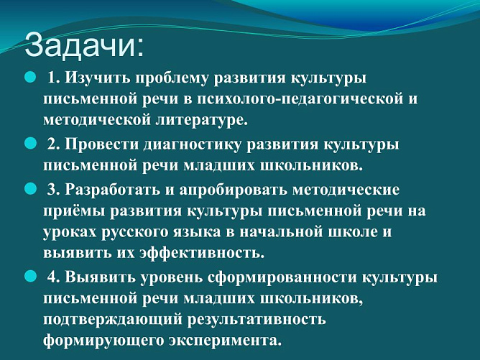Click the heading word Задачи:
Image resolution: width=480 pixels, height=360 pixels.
pos(85,45)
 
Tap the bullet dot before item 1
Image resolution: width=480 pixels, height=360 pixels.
pos(30,75)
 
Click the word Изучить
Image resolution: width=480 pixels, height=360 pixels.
pos(97,77)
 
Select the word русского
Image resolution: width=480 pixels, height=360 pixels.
pos(130,233)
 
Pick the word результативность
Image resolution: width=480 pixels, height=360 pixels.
pos(267,318)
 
